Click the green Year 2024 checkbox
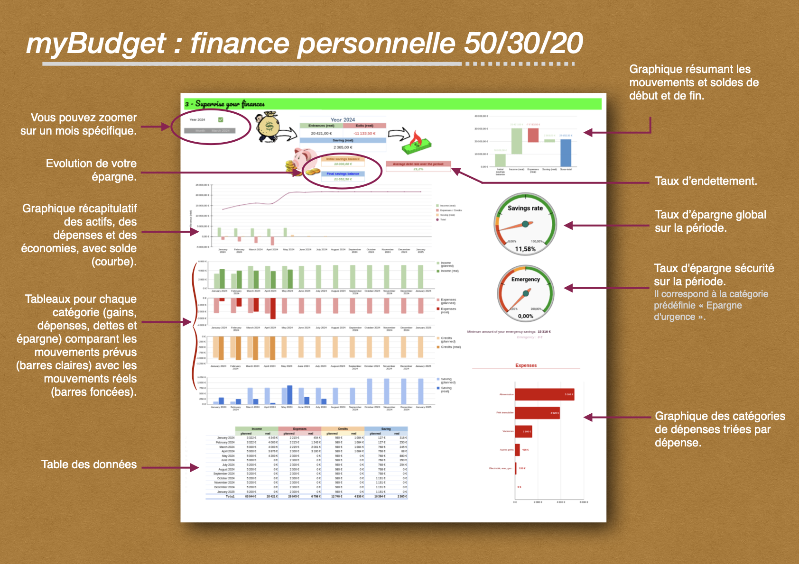tap(221, 119)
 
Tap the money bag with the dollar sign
tap(269, 127)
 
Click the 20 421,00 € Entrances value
tap(321, 134)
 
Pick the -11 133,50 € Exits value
tap(364, 134)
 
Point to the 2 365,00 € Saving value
tap(343, 147)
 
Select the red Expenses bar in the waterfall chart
tap(533, 135)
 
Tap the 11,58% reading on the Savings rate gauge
tap(525, 249)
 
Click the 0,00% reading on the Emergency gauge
tap(526, 316)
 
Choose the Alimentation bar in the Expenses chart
tap(544, 394)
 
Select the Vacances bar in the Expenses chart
tap(523, 431)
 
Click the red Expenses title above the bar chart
tap(526, 365)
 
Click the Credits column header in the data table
tap(343, 429)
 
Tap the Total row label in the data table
tap(230, 497)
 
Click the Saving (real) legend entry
tap(446, 390)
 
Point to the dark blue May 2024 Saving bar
tap(290, 395)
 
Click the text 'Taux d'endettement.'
tap(706, 181)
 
